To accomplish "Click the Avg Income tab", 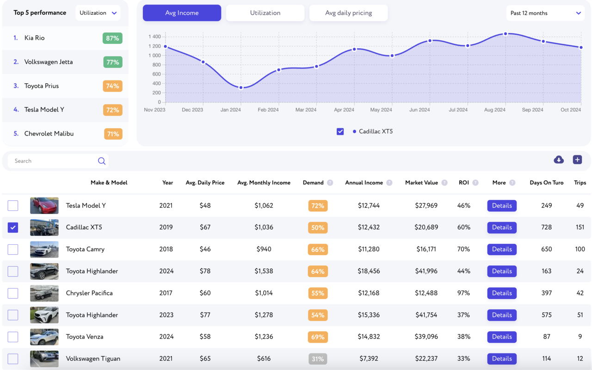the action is (x=182, y=12).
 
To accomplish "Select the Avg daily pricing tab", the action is (x=348, y=12).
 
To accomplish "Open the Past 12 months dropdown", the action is (x=545, y=13).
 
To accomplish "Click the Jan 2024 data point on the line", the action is (x=241, y=87).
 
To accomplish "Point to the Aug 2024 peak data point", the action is (x=506, y=34).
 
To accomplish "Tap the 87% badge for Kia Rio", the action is (x=112, y=38).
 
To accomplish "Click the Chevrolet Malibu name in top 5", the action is (x=49, y=134).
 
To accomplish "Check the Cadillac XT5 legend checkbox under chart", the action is (x=340, y=131).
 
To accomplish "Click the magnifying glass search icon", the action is (x=101, y=160).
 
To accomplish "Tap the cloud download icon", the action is (x=559, y=160).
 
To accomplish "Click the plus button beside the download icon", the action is (x=578, y=160).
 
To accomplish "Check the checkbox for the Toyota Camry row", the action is (x=13, y=249).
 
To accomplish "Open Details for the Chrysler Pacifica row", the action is (x=502, y=293).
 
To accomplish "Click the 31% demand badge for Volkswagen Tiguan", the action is (x=318, y=358).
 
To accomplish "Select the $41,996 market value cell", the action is (x=426, y=271).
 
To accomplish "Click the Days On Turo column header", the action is (x=547, y=183).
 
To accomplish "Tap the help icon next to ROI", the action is (x=475, y=183).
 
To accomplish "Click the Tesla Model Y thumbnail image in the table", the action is (x=44, y=206).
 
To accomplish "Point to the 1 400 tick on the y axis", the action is (x=154, y=37).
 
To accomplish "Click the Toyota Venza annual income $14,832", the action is (x=369, y=337).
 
